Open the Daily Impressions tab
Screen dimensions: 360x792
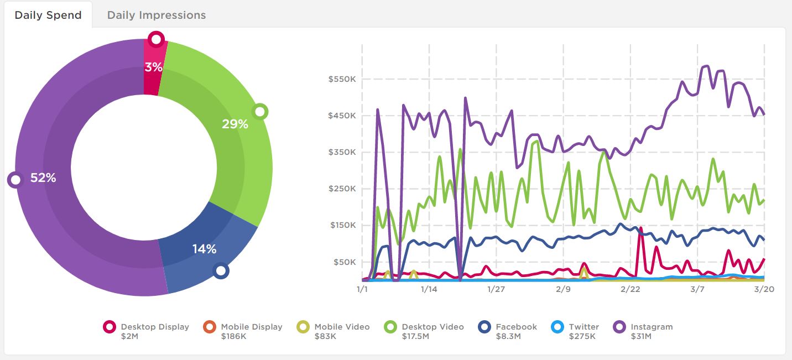point(157,15)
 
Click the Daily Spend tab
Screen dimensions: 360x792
point(48,15)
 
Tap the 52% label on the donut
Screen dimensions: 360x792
point(43,178)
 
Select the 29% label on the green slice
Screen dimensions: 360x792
point(235,124)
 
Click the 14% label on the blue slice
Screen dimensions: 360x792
point(204,249)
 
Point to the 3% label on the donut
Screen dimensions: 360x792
point(154,67)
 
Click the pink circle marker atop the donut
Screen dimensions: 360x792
point(157,39)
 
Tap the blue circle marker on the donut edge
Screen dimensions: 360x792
point(221,270)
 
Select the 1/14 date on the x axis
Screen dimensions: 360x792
point(429,289)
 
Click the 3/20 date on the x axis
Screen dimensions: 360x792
point(764,289)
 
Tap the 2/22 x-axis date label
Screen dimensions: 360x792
point(631,289)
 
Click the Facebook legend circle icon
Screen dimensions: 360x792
point(485,327)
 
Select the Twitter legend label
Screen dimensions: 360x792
point(583,327)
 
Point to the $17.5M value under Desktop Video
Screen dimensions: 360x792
point(415,336)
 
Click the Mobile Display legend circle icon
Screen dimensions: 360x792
point(210,327)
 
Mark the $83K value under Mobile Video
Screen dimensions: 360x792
point(325,336)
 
